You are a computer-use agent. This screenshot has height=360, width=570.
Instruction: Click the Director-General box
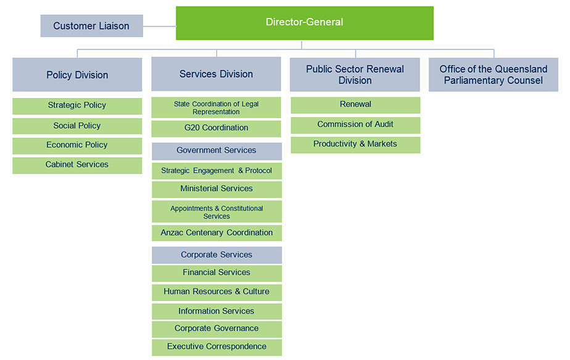point(305,23)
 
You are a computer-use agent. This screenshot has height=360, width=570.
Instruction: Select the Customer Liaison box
point(91,26)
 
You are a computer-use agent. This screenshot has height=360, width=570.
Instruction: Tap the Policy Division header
point(77,75)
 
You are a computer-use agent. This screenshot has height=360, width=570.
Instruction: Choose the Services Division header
point(217,74)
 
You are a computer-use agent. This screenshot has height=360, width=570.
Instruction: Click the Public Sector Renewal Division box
point(355,75)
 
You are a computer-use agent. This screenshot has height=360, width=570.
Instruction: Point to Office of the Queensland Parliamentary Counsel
point(494,75)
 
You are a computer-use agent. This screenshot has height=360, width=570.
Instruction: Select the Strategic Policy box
point(77,106)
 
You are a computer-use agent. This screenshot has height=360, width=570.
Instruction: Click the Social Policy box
point(77,126)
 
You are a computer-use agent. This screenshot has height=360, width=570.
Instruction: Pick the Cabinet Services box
point(77,165)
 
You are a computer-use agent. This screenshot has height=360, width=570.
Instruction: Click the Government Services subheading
point(217,151)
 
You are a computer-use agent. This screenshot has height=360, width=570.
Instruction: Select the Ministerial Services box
point(217,189)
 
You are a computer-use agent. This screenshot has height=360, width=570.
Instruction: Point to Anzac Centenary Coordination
point(217,233)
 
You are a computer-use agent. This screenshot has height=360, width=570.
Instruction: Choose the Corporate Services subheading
point(217,255)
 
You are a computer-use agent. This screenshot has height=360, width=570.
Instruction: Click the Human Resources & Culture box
point(217,292)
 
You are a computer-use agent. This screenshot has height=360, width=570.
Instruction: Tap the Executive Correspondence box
point(217,347)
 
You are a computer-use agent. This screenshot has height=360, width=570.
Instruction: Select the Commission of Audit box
point(355,125)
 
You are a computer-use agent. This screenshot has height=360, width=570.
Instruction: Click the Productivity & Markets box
point(355,145)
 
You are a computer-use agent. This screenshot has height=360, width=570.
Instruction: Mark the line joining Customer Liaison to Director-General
point(160,26)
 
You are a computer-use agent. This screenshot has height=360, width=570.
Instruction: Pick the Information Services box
point(217,311)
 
